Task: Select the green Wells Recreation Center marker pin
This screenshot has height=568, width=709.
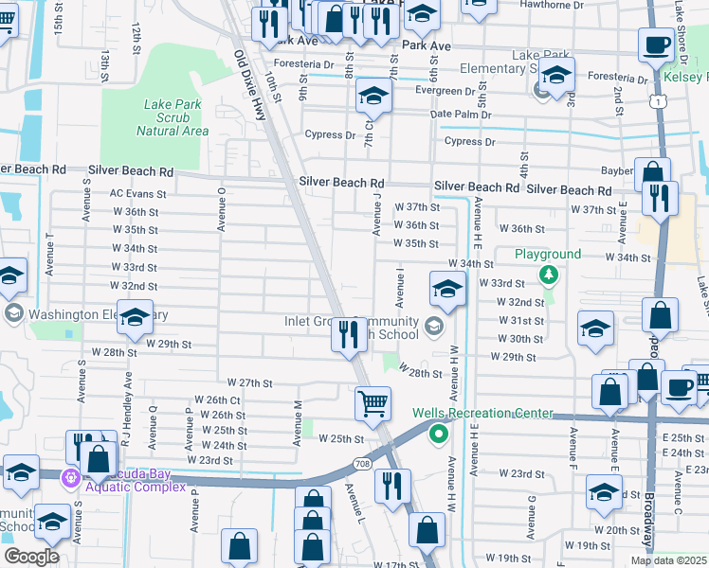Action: tap(438, 435)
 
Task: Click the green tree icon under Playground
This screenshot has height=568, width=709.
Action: tap(547, 275)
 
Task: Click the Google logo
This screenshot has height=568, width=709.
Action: tap(31, 557)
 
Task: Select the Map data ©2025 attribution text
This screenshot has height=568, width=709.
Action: tap(668, 560)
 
